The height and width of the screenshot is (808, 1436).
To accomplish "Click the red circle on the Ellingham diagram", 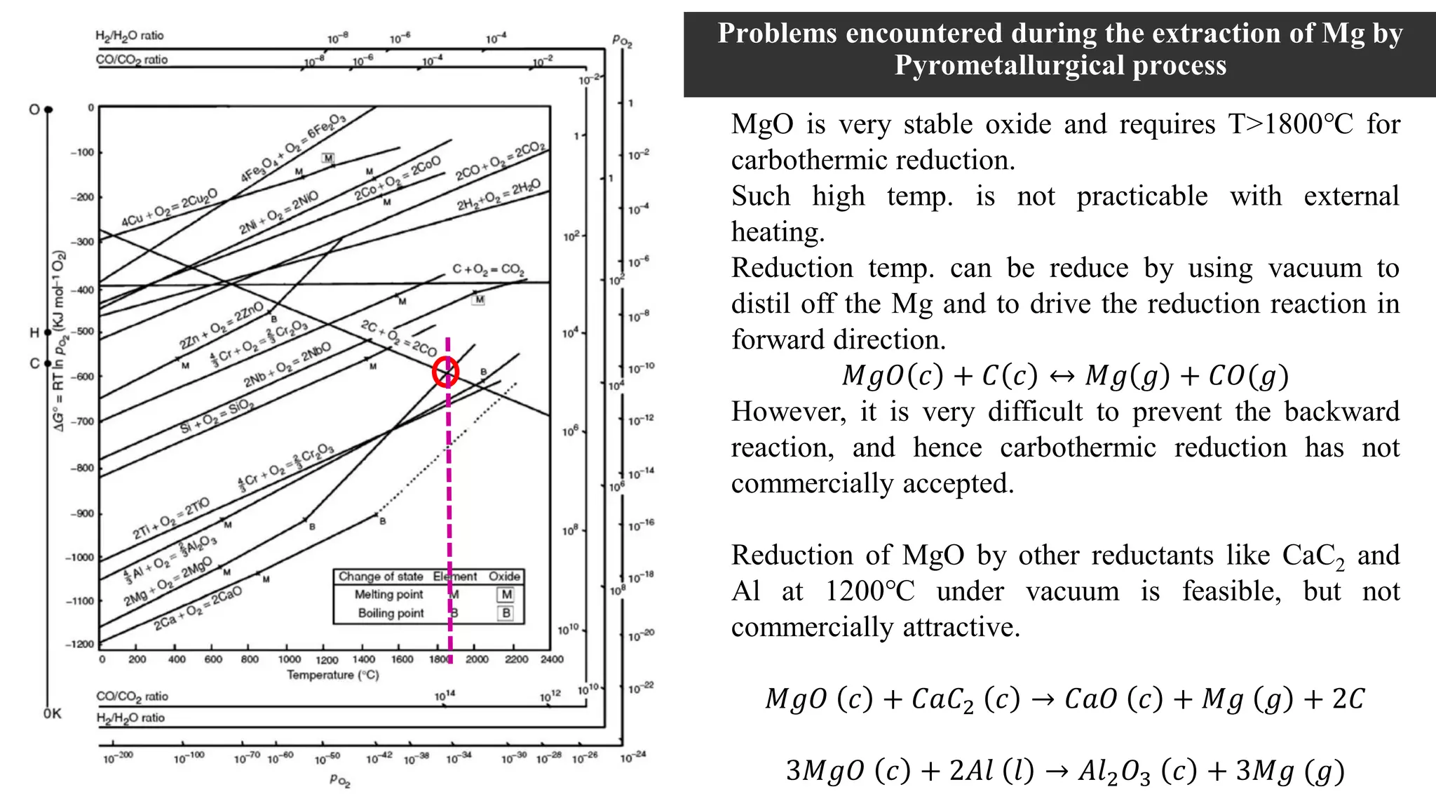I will click(445, 372).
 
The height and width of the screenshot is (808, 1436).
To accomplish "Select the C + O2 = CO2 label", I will click(488, 269).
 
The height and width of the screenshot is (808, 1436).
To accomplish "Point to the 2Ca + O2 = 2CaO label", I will click(198, 608).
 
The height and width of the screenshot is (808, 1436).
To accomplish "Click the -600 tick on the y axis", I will click(83, 377).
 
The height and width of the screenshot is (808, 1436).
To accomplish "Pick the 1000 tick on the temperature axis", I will click(290, 659).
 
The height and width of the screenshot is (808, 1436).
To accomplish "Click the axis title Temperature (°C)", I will click(332, 675).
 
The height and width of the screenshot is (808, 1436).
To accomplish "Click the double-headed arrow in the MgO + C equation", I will click(1061, 377).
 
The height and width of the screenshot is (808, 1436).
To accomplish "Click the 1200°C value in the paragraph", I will click(869, 591).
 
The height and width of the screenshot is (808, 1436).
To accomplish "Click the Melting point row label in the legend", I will click(388, 595).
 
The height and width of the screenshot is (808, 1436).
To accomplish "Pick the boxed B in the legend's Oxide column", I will click(506, 613).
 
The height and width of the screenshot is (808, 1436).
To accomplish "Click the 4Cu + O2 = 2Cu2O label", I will click(169, 208).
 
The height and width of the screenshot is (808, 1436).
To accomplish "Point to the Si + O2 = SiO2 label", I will click(217, 416).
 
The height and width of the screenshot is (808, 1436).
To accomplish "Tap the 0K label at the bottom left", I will click(53, 714).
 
